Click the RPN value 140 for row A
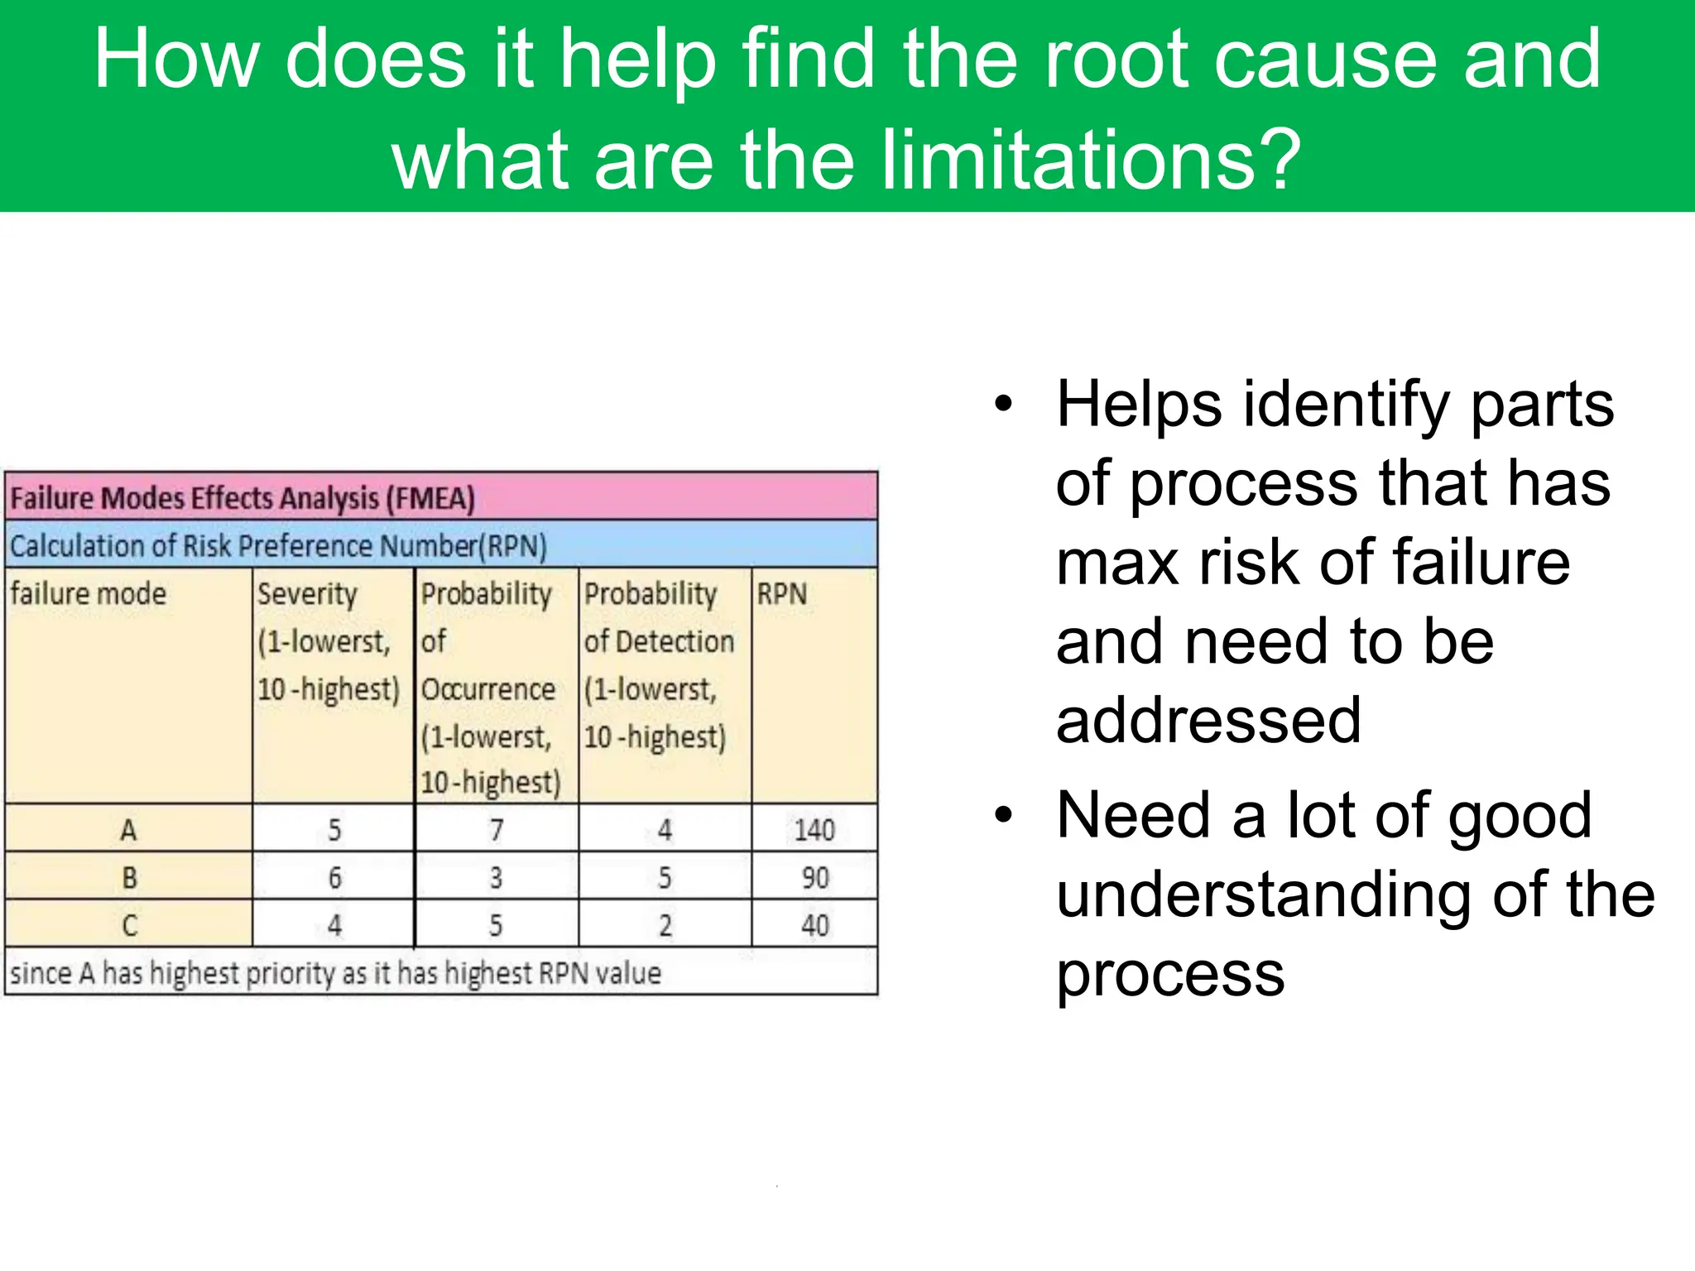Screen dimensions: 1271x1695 pos(814,829)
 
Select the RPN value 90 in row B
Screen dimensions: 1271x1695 pos(814,877)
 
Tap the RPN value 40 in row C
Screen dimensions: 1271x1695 pos(814,925)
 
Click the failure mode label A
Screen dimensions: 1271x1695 pos(128,829)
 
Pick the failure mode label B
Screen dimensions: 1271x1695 pos(129,877)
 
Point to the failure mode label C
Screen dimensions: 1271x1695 pos(129,925)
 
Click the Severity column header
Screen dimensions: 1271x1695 pos(307,594)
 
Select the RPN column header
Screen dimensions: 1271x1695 pos(781,594)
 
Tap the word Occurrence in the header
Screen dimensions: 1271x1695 pos(487,689)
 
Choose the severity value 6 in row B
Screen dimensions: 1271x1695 pos(334,877)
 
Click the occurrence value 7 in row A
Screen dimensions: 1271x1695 pos(496,829)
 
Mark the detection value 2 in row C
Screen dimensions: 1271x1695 pos(665,925)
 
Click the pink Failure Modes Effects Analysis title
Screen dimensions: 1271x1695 pos(242,498)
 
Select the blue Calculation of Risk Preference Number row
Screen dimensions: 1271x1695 pos(278,546)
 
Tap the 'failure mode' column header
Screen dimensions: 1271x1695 pos(89,594)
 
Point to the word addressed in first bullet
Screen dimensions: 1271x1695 pos(1208,720)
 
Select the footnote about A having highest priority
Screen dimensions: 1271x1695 pos(335,973)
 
